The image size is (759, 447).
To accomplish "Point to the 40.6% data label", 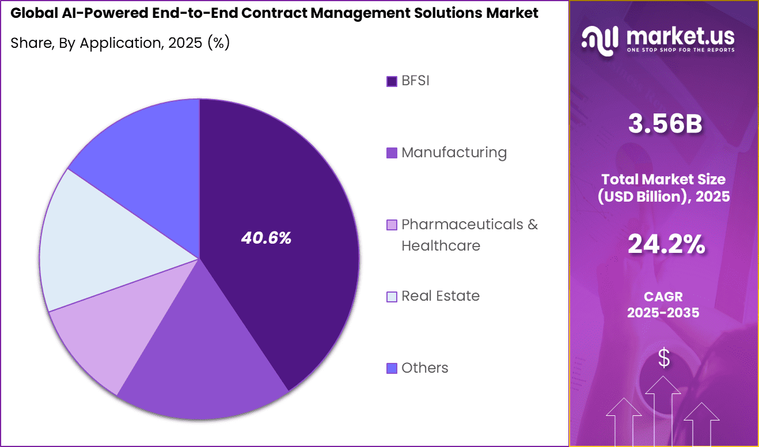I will [x=266, y=238].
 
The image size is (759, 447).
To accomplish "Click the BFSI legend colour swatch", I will [x=392, y=81].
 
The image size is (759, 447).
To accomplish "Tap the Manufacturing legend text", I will [x=454, y=153].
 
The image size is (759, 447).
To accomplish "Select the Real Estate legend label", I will [x=440, y=296].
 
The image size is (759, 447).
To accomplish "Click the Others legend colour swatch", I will [x=392, y=368].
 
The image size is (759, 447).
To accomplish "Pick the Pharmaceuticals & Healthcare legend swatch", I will [x=392, y=225].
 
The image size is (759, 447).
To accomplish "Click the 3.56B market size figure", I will [x=665, y=125].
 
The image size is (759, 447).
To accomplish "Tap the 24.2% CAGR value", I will [x=665, y=244].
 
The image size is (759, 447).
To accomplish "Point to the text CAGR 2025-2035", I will [x=663, y=305].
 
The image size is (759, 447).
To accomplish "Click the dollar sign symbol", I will [x=664, y=358].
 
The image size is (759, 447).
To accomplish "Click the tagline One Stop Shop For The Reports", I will [x=681, y=50].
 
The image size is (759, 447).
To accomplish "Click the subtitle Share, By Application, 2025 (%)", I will [x=120, y=43].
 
